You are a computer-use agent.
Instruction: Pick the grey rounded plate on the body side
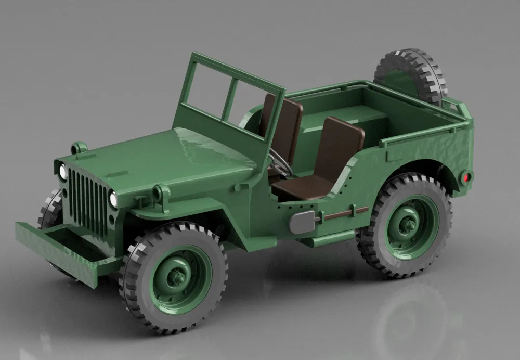(x=302, y=222)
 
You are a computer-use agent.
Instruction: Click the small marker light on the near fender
(x=158, y=194)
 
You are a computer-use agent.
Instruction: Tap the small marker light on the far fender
(x=79, y=147)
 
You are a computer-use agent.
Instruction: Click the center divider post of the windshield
(x=229, y=100)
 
